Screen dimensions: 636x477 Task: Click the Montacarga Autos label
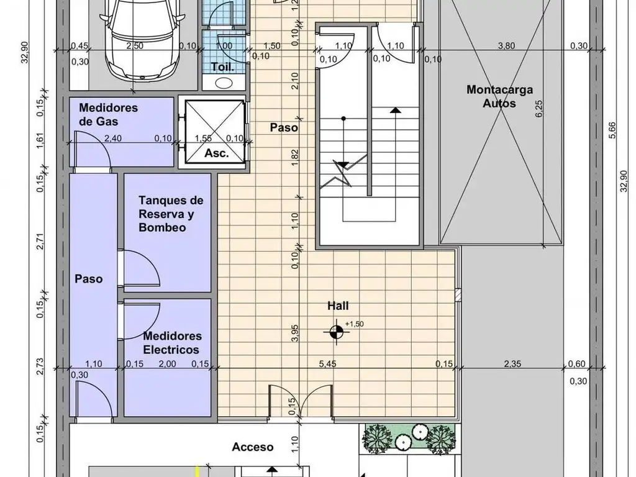pyautogui.click(x=500, y=96)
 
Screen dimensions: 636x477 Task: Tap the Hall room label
pyautogui.click(x=338, y=306)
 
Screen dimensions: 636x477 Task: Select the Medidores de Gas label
pyautogui.click(x=108, y=114)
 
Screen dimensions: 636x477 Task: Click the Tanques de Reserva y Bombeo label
pyautogui.click(x=171, y=214)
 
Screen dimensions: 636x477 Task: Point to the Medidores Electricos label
pyautogui.click(x=172, y=343)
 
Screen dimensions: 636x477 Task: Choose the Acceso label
pyautogui.click(x=252, y=447)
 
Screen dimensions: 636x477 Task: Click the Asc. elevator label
pyautogui.click(x=217, y=153)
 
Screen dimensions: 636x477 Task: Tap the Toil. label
pyautogui.click(x=223, y=67)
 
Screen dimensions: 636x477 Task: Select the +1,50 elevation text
pyautogui.click(x=355, y=324)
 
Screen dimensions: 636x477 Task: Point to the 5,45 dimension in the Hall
pyautogui.click(x=327, y=364)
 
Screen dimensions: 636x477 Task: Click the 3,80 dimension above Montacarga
pyautogui.click(x=506, y=46)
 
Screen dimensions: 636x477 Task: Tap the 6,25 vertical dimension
pyautogui.click(x=539, y=109)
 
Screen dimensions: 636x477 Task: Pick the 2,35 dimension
pyautogui.click(x=512, y=364)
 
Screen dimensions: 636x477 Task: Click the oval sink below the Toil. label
pyautogui.click(x=223, y=83)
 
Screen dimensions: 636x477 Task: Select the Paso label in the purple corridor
pyautogui.click(x=88, y=279)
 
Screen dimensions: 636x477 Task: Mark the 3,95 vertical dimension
pyautogui.click(x=295, y=333)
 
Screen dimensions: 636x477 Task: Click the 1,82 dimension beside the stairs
pyautogui.click(x=295, y=157)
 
